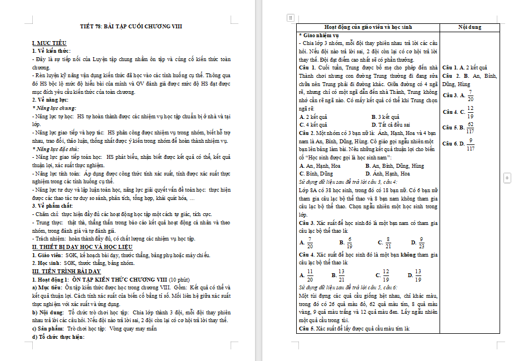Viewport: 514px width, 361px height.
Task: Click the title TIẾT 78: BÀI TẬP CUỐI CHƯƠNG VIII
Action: click(x=139, y=26)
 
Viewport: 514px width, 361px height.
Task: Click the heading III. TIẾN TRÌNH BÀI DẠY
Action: click(x=66, y=270)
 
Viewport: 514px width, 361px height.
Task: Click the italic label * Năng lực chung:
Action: click(x=54, y=107)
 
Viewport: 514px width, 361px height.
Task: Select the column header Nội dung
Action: click(x=470, y=27)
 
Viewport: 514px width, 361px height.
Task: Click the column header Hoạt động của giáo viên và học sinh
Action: click(x=368, y=27)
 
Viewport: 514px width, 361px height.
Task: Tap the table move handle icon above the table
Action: click(x=290, y=18)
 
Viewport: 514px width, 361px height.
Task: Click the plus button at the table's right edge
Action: click(x=507, y=178)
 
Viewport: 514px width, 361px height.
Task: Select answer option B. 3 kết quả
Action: click(x=385, y=117)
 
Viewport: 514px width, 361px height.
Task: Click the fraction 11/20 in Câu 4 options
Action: click(x=310, y=274)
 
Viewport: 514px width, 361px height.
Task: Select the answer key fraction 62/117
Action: click(x=470, y=128)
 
